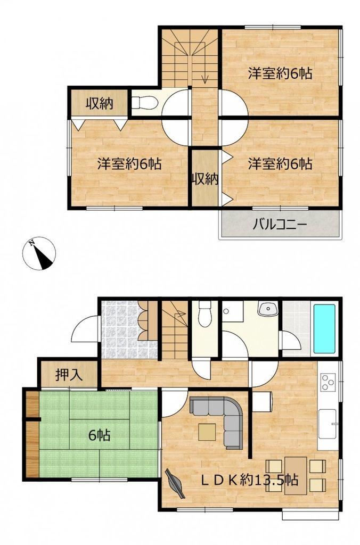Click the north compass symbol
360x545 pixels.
coord(39,253)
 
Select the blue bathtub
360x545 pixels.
coord(324,329)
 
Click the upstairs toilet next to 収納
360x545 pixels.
coord(144,103)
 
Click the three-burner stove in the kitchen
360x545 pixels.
coord(328,382)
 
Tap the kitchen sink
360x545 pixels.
coord(328,424)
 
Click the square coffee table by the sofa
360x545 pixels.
coord(207,432)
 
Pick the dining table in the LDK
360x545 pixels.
coord(296,475)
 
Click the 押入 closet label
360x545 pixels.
coord(69,375)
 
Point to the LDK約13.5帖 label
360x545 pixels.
coord(250,480)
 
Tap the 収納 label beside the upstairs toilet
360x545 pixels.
coord(100,103)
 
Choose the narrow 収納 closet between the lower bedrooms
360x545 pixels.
coord(205,178)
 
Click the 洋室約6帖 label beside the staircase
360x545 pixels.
coord(280,73)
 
